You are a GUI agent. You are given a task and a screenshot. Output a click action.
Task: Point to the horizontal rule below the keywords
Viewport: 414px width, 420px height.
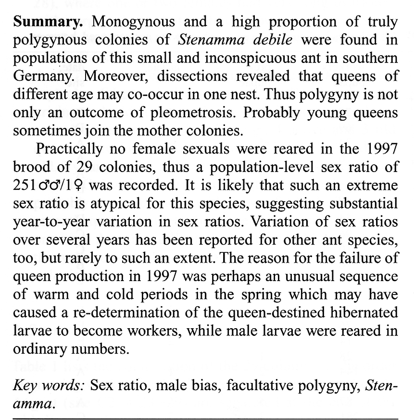207,418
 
